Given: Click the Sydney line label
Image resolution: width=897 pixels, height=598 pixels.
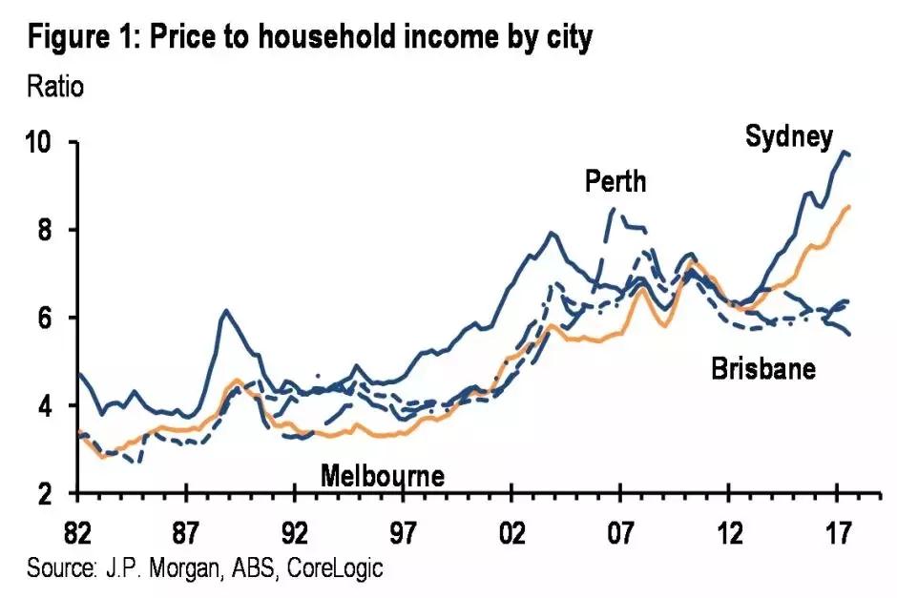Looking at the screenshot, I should pos(788,136).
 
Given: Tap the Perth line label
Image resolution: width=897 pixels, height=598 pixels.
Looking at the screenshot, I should pos(615,181).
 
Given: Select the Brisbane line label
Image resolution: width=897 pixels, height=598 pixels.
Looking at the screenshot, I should pos(763,368).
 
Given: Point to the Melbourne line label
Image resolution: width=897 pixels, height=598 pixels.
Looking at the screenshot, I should pos(383,475).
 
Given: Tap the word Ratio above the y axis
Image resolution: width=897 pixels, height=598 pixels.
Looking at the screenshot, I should pos(56,87).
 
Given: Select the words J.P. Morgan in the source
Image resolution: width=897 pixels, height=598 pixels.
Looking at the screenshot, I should pos(150,569).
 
